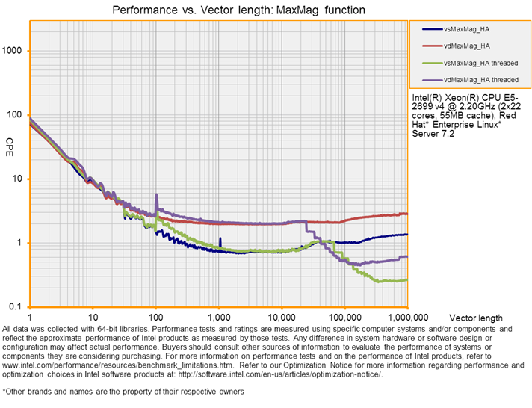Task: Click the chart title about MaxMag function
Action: coord(238,10)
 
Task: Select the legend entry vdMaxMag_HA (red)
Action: coord(469,46)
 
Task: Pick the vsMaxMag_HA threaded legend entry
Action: coord(480,63)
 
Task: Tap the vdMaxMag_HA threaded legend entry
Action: coord(480,79)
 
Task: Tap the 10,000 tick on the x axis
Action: coord(281,318)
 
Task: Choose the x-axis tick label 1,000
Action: coord(219,318)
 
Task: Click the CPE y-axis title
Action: coord(10,142)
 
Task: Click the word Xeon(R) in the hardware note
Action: coord(455,98)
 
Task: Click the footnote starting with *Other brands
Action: coord(123,391)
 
